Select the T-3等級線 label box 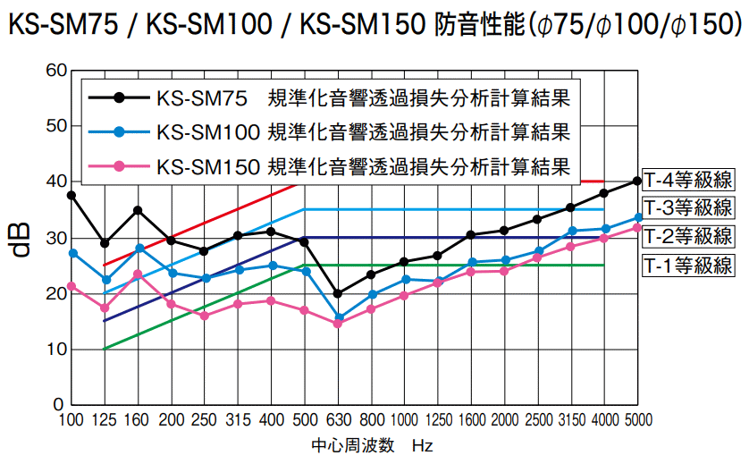(x=687, y=209)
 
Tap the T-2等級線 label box (x=687, y=237)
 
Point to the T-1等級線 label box (x=687, y=266)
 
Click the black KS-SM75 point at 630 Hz (x=338, y=293)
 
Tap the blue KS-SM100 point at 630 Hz (x=338, y=317)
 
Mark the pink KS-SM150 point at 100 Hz (x=72, y=286)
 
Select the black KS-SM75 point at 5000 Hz (x=637, y=181)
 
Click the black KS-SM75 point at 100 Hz (x=72, y=195)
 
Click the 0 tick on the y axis (x=59, y=404)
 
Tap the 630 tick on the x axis (x=338, y=420)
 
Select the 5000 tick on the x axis (x=637, y=420)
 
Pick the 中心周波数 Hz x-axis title (x=372, y=445)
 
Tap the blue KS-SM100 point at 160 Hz (x=139, y=248)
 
